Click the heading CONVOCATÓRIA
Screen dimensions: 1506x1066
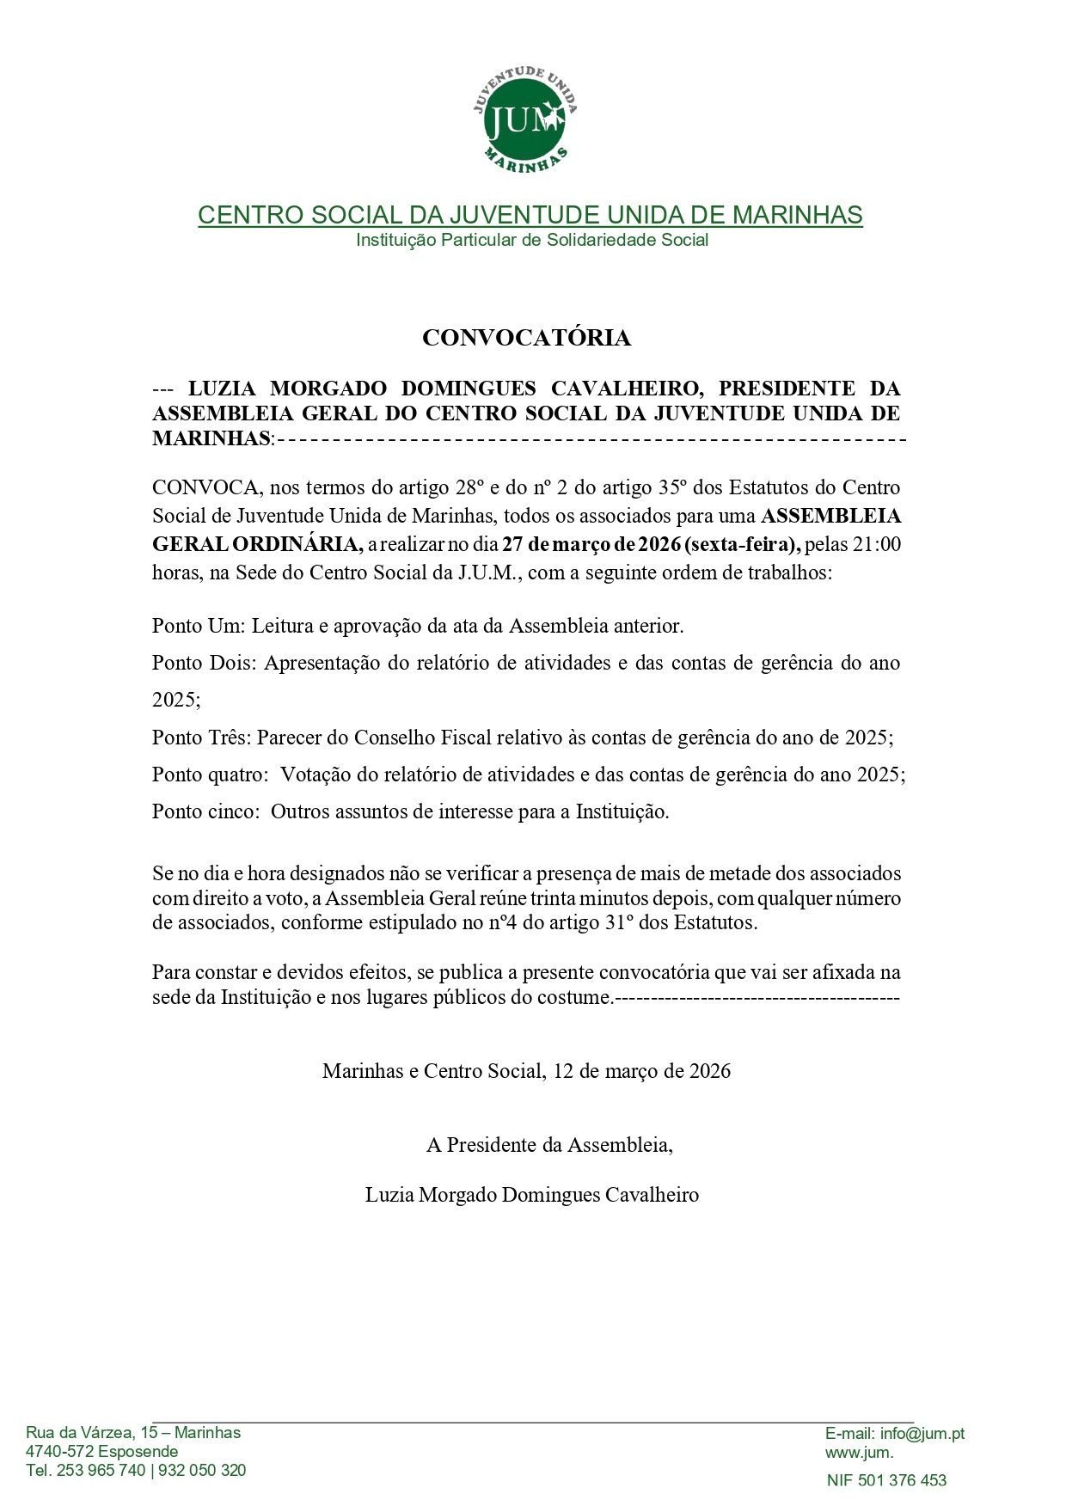point(526,338)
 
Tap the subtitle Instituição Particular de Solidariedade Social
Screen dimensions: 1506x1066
point(532,240)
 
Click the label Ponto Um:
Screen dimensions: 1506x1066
point(199,626)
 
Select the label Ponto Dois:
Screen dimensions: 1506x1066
point(204,663)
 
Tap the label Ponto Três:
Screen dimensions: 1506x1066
point(202,738)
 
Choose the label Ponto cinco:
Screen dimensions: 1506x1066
point(206,811)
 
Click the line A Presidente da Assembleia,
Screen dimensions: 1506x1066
point(549,1145)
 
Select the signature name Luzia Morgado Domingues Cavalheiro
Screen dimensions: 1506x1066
point(532,1195)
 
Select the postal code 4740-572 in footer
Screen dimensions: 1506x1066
point(60,1452)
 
